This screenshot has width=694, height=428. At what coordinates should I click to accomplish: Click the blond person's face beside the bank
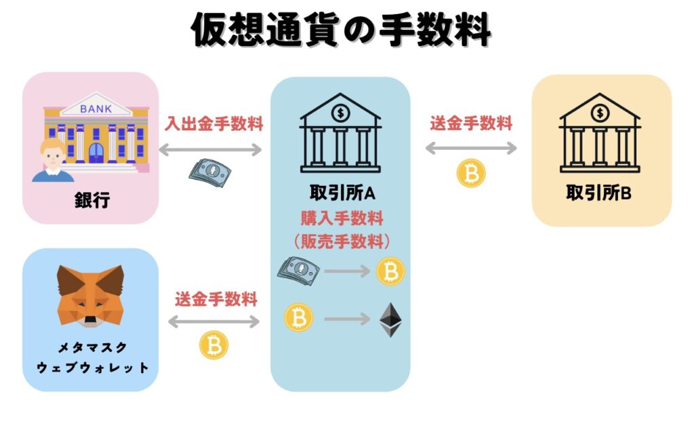[x=53, y=154]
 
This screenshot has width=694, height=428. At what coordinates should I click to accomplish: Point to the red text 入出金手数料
[x=214, y=125]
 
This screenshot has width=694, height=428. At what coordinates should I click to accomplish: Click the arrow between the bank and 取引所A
[x=210, y=149]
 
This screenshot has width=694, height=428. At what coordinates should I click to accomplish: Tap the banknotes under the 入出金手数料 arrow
[x=209, y=169]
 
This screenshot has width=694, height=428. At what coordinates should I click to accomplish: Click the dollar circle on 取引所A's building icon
[x=341, y=111]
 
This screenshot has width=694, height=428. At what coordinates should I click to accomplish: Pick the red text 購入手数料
[x=342, y=218]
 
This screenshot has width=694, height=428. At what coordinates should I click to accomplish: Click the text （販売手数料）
[x=341, y=241]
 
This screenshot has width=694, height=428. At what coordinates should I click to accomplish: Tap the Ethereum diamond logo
[x=390, y=319]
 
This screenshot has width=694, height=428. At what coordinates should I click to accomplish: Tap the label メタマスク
[x=91, y=348]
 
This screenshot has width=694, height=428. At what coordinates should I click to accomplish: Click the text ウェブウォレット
[x=91, y=368]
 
